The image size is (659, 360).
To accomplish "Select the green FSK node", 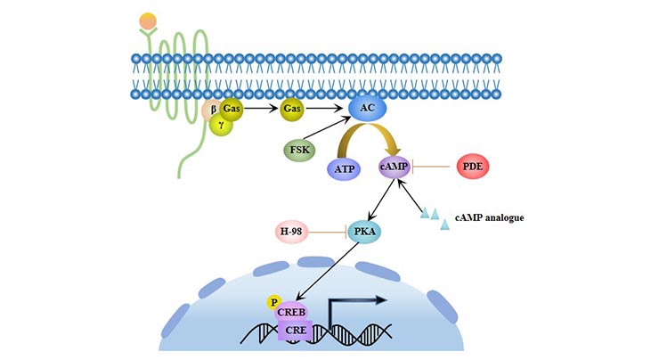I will [299, 151].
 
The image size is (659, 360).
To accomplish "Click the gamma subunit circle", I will [223, 127].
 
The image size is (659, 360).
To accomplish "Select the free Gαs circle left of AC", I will [291, 110].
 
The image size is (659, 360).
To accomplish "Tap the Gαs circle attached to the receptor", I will [233, 109].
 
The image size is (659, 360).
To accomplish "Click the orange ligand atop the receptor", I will [147, 20].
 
